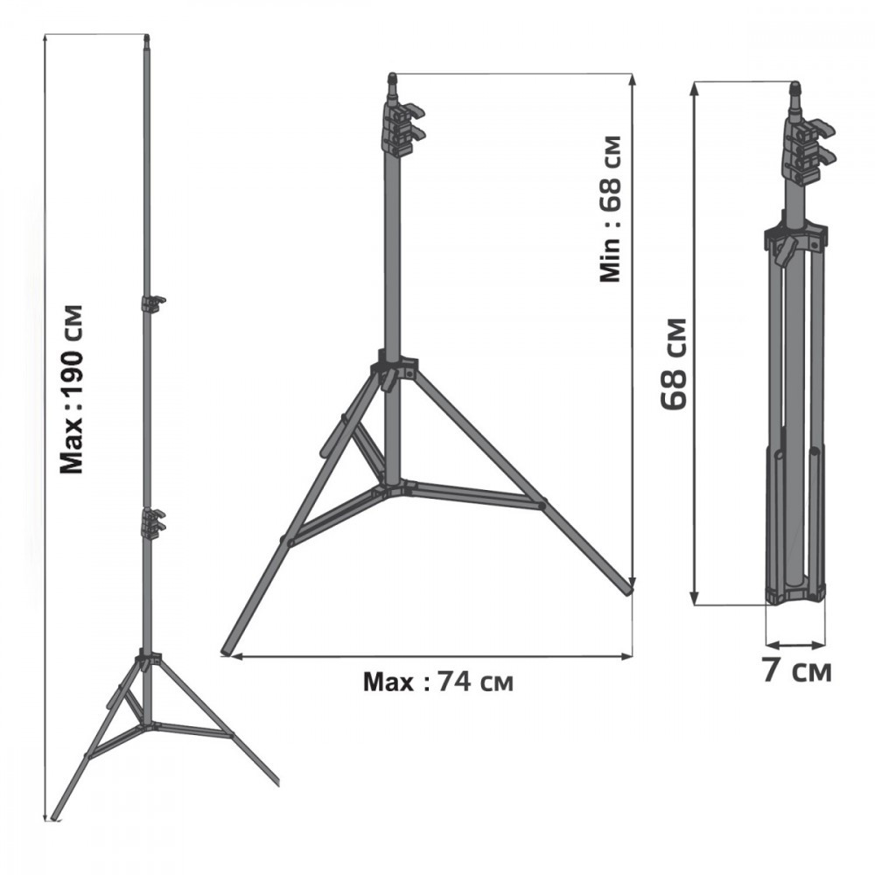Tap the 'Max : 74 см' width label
click(x=438, y=682)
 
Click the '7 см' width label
click(x=794, y=671)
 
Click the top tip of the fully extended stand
click(x=146, y=39)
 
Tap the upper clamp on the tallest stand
click(x=152, y=304)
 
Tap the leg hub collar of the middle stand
click(x=395, y=367)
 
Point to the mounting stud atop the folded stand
click(x=795, y=94)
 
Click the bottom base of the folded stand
click(x=794, y=595)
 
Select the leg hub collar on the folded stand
click(x=794, y=237)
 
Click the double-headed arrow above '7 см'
click(x=794, y=646)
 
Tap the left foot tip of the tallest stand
click(x=54, y=815)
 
